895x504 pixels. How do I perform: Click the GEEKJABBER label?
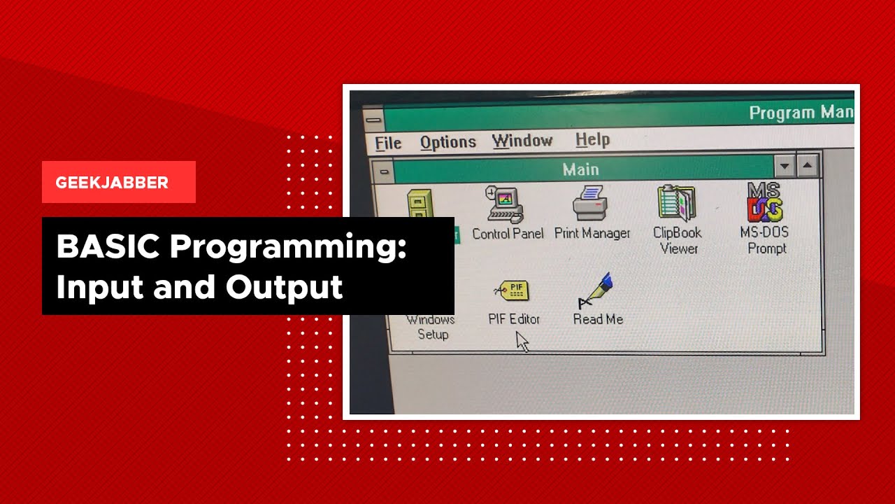pyautogui.click(x=112, y=183)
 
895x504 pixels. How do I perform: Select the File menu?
pyautogui.click(x=388, y=143)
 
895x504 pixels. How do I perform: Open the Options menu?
pyautogui.click(x=447, y=143)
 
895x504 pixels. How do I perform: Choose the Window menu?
pyautogui.click(x=522, y=141)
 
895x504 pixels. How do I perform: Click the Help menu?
pyautogui.click(x=592, y=139)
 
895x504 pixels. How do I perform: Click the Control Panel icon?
pyautogui.click(x=506, y=204)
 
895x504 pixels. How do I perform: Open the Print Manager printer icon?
pyautogui.click(x=591, y=203)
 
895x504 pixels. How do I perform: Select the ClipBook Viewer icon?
pyautogui.click(x=676, y=203)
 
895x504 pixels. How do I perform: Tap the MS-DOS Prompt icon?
pyautogui.click(x=765, y=202)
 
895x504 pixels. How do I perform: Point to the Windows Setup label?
pyautogui.click(x=431, y=327)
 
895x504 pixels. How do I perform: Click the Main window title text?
pyautogui.click(x=580, y=169)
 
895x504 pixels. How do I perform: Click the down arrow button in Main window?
pyautogui.click(x=785, y=167)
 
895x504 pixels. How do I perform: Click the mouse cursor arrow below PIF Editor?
pyautogui.click(x=522, y=342)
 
